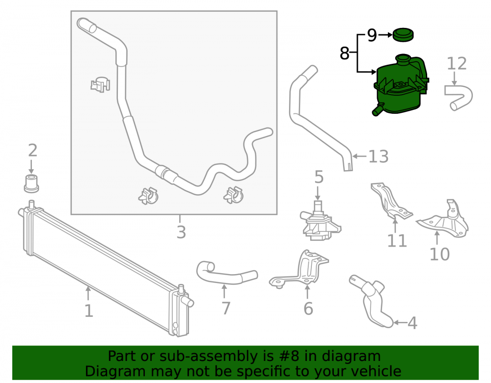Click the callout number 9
pyautogui.click(x=372, y=35)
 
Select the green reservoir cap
pyautogui.click(x=403, y=35)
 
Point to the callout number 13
pyautogui.click(x=378, y=156)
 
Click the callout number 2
pyautogui.click(x=32, y=151)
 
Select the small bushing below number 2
pyautogui.click(x=31, y=183)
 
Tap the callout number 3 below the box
pyautogui.click(x=181, y=232)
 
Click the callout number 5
pyautogui.click(x=319, y=177)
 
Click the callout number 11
pyautogui.click(x=397, y=241)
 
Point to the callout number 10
pyautogui.click(x=439, y=254)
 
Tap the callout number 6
pyautogui.click(x=308, y=308)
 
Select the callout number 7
pyautogui.click(x=226, y=308)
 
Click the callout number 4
pyautogui.click(x=412, y=323)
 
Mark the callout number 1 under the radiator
pyautogui.click(x=88, y=311)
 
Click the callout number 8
pyautogui.click(x=345, y=53)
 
